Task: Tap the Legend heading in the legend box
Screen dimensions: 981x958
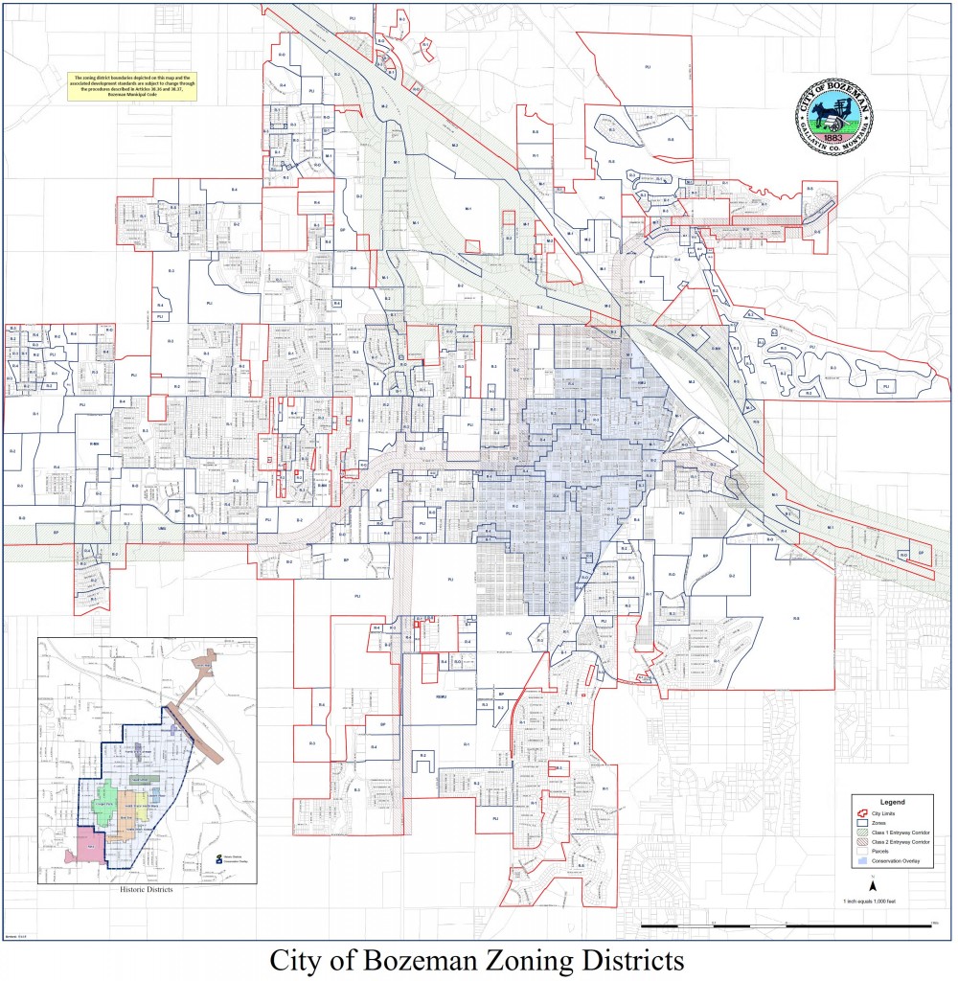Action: tap(892, 801)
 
